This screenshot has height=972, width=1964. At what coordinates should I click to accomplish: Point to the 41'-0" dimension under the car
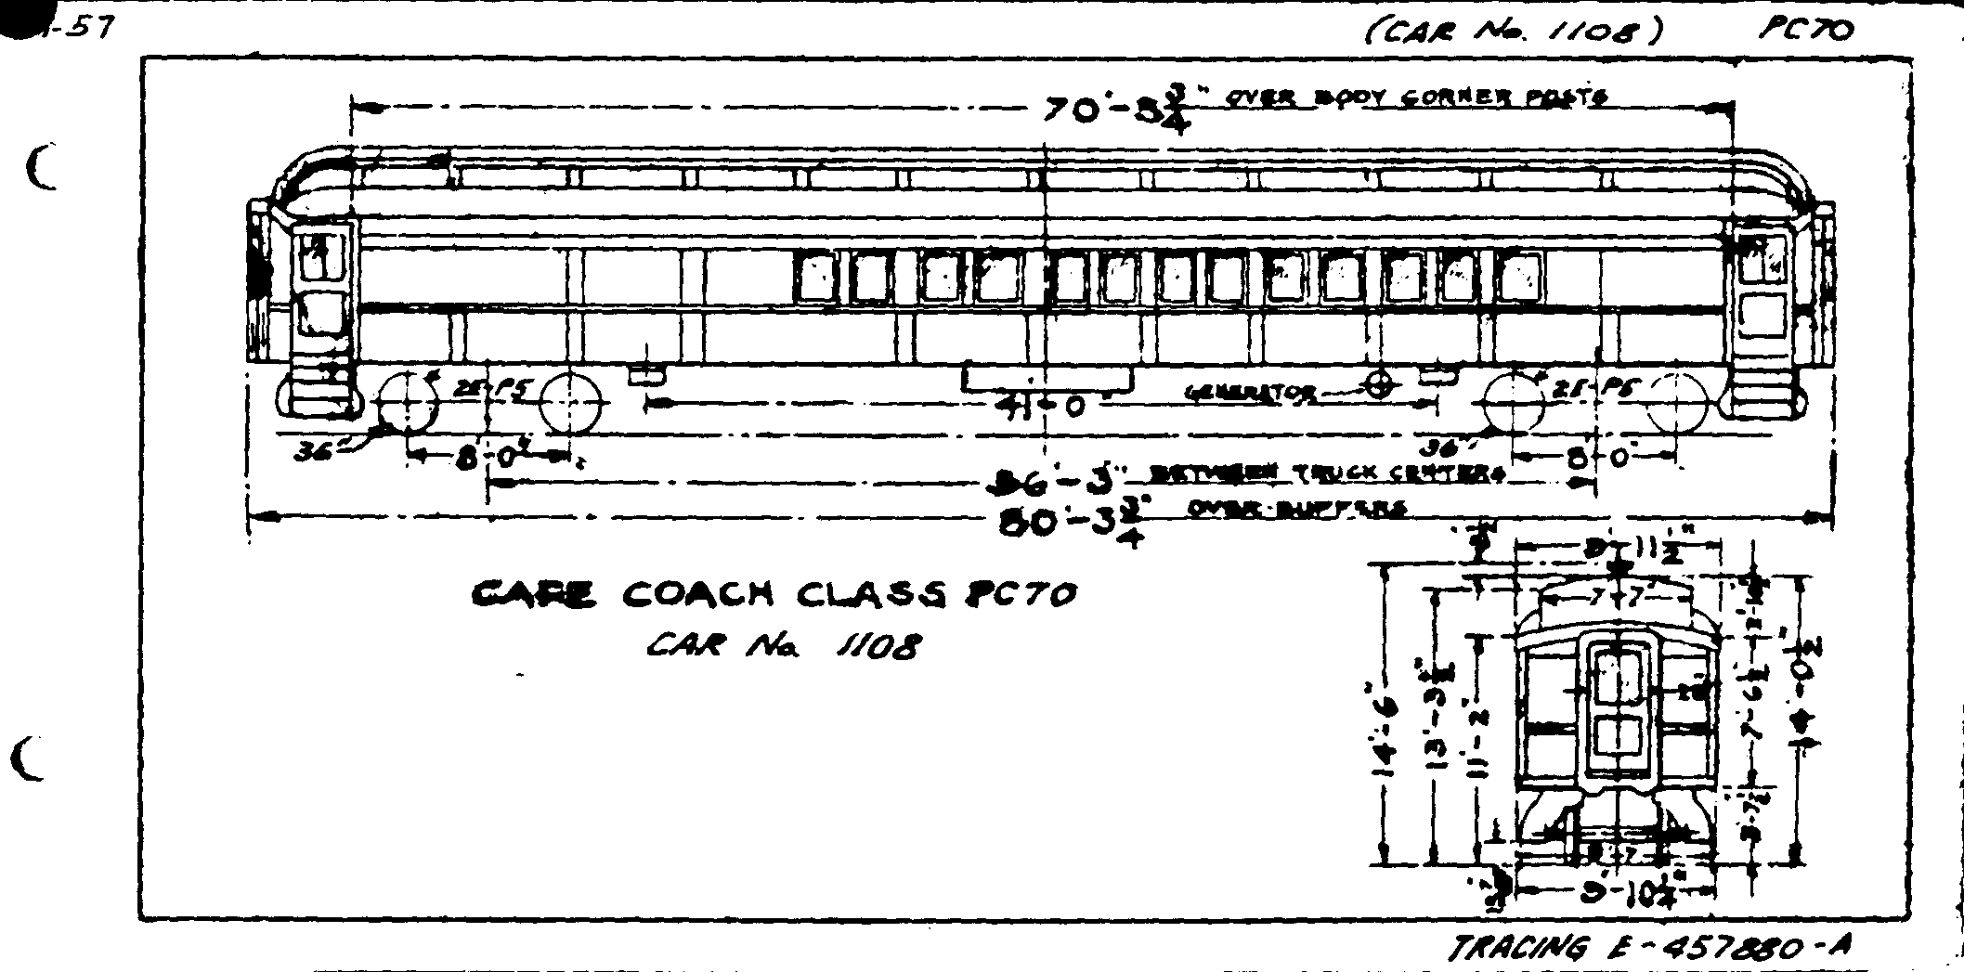coord(1040,406)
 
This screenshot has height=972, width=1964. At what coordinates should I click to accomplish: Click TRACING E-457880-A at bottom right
coord(1652,948)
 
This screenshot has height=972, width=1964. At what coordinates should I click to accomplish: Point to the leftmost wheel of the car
coord(409,403)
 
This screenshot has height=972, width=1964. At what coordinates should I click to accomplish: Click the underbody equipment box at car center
coord(1047,378)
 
